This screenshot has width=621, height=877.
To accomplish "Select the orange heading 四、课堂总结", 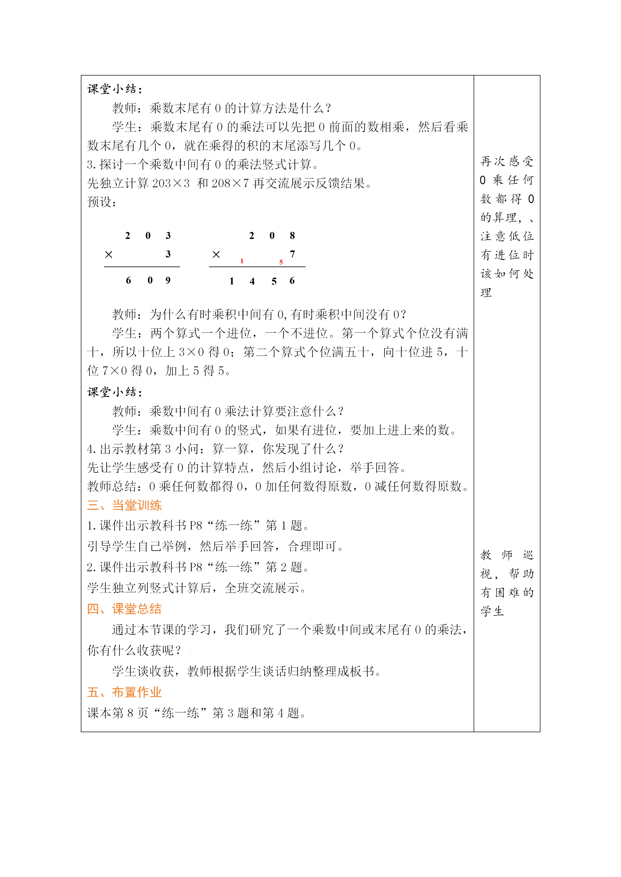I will click(124, 609).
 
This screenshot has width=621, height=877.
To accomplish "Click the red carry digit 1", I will click(242, 261).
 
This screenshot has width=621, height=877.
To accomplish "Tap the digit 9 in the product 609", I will click(168, 280).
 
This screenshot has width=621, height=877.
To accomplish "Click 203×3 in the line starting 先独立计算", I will click(171, 184).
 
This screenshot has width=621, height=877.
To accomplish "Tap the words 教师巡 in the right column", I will click(507, 555).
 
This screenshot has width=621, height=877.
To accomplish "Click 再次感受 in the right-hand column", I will click(507, 161).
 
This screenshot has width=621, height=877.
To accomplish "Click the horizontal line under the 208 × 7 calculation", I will click(257, 267).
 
